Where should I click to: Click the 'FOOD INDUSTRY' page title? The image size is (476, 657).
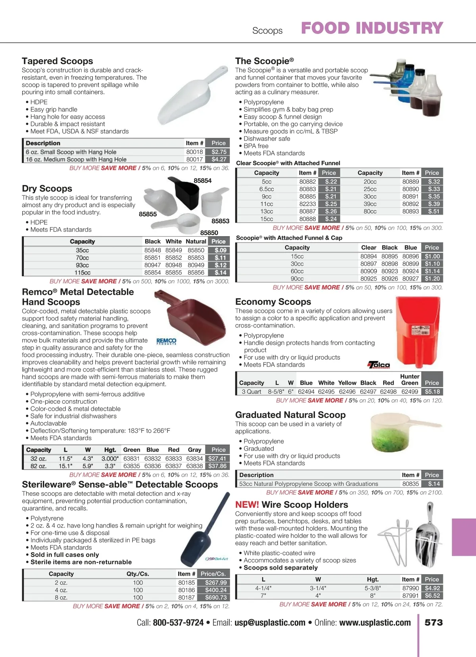[x=372, y=28]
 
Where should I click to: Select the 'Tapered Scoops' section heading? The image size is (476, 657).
[x=58, y=61]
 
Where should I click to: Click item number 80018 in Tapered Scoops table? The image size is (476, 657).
[x=194, y=152]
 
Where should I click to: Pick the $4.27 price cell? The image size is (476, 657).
[x=219, y=159]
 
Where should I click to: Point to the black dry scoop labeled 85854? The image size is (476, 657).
[x=185, y=194]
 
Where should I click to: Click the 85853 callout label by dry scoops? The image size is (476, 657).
[x=220, y=221]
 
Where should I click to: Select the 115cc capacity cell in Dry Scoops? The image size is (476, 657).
[x=83, y=273]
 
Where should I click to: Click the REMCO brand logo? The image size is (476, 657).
[x=166, y=341]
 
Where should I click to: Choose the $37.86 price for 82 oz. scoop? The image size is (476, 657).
[x=217, y=466]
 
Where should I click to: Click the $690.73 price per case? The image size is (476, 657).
[x=216, y=597]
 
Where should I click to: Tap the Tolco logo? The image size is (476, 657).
[x=379, y=364]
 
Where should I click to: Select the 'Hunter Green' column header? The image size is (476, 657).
[x=410, y=380]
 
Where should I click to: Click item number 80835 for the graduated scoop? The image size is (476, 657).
[x=411, y=484]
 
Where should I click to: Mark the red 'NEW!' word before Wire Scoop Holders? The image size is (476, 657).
[x=247, y=505]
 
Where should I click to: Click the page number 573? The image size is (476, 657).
[x=434, y=622]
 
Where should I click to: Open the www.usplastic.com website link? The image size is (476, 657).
[x=375, y=623]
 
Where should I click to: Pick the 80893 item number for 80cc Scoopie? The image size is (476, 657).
[x=411, y=211]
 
